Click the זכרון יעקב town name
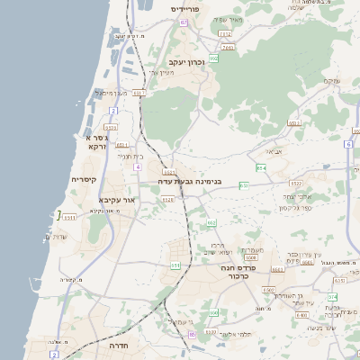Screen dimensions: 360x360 coord(186,62)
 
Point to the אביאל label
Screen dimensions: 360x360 coord(274,150)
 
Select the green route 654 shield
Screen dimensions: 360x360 coord(261,167)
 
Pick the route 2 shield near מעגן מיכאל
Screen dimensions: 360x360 coord(113,110)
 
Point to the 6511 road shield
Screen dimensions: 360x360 coord(70,217)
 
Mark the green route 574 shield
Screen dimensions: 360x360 coord(332,296)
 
